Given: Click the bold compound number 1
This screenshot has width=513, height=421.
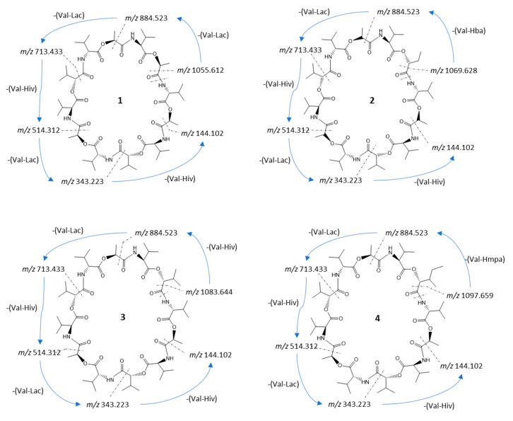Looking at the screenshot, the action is pyautogui.click(x=120, y=100).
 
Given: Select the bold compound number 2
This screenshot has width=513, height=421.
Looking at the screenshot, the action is pyautogui.click(x=372, y=100).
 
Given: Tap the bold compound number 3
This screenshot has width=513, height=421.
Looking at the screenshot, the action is pyautogui.click(x=123, y=317).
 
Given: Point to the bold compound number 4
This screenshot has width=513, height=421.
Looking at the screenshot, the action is pyautogui.click(x=377, y=318).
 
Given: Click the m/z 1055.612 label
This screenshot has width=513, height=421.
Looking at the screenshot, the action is pyautogui.click(x=201, y=70).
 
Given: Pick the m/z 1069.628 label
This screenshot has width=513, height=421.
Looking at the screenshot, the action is pyautogui.click(x=454, y=71).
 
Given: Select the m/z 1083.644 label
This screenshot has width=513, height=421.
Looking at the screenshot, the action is pyautogui.click(x=209, y=292).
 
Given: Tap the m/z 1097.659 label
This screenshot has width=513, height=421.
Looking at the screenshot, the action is pyautogui.click(x=470, y=296).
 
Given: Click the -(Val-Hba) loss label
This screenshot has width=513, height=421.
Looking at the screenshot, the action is pyautogui.click(x=469, y=31).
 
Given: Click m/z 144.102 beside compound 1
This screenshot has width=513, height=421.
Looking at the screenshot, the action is pyautogui.click(x=202, y=133).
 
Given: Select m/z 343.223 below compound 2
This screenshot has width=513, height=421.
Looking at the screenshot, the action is pyautogui.click(x=341, y=180).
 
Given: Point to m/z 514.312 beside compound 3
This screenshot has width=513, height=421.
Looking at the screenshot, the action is pyautogui.click(x=40, y=352).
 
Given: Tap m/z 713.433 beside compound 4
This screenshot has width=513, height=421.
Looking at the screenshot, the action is pyautogui.click(x=306, y=269).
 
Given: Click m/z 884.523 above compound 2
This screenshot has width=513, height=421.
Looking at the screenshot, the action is pyautogui.click(x=398, y=12).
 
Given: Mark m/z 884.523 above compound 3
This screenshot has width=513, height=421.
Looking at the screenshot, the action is pyautogui.click(x=156, y=233).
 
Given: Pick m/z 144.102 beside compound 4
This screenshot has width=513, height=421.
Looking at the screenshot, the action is pyautogui.click(x=461, y=366).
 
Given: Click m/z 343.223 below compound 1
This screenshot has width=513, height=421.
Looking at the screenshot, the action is pyautogui.click(x=82, y=181).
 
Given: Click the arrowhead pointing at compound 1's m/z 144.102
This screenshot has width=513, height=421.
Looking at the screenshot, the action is pyautogui.click(x=203, y=144).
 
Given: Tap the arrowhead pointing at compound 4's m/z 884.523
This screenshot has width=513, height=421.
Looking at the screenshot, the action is pyautogui.click(x=440, y=233).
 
